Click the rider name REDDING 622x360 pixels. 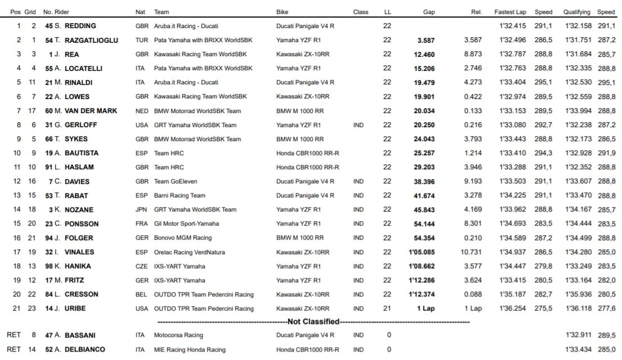pos(80,26)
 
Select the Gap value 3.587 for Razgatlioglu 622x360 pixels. pos(425,40)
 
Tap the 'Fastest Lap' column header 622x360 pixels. pos(510,12)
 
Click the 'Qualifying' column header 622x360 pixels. pos(576,12)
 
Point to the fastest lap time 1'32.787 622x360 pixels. pos(512,54)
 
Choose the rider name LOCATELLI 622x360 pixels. pos(87,68)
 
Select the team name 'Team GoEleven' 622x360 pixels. pos(175,181)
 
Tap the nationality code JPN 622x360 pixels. pos(142,209)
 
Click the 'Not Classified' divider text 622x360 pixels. pos(314,322)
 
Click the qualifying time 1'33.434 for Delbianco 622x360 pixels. pos(576,349)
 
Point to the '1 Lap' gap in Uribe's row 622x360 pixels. pos(426,308)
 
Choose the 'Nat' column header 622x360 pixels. pos(140,12)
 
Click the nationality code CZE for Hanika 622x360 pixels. pos(142,266)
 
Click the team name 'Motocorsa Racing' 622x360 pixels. pos(178,335)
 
